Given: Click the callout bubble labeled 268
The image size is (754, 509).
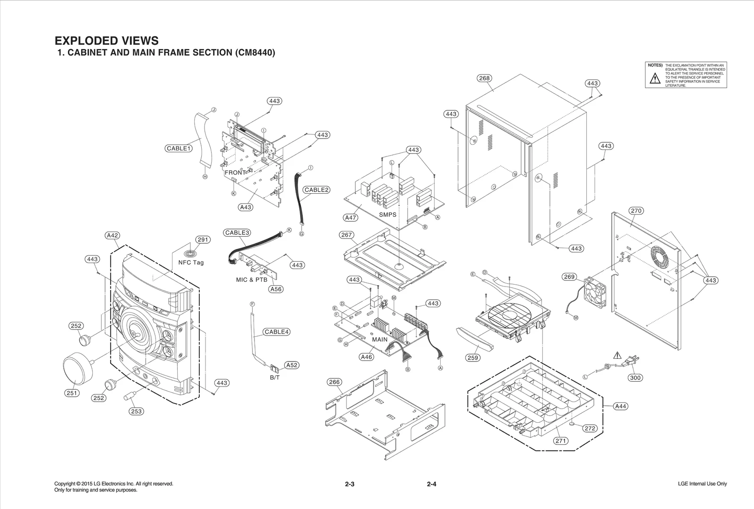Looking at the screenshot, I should pos(484,78).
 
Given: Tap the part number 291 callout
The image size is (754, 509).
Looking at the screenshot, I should pos(203,239).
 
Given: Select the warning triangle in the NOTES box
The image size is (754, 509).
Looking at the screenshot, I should pos(655,79).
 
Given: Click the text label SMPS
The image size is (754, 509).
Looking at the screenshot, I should pos(388,214).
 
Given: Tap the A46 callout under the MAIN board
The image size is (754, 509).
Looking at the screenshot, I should pos(366,357).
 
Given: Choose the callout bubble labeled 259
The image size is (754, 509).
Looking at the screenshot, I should pos(473,358).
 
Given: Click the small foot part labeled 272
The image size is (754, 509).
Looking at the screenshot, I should pos(572,424).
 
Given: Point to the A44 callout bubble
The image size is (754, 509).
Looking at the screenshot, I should pos(621,406).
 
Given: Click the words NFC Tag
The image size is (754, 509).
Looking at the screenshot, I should pos(191,263).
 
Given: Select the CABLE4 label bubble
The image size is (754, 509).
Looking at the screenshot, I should pos(276,332).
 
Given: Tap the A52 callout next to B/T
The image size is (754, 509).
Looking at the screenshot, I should pos(292,365).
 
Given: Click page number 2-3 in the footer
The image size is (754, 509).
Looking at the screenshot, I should pos(349,484).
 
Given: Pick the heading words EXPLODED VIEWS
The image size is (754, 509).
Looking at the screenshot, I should pos(107,41).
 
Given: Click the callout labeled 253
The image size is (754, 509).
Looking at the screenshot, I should pos(136,411).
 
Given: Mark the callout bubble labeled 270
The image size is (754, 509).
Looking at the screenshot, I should pos(636,211).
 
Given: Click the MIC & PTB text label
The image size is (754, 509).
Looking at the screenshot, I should pos(252,279).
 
